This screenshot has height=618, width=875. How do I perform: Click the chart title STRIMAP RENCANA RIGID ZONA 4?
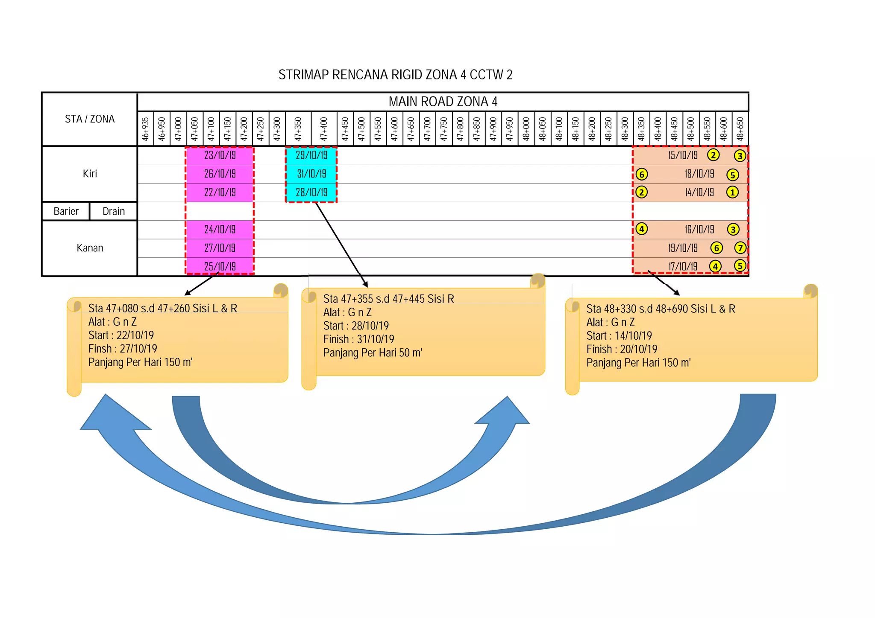pyautogui.click(x=395, y=75)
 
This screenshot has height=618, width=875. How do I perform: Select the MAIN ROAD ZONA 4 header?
pyautogui.click(x=443, y=102)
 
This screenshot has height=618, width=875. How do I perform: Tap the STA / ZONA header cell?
pyautogui.click(x=90, y=119)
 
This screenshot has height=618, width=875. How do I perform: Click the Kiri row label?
pyautogui.click(x=90, y=174)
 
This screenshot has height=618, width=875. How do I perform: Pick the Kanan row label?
pyautogui.click(x=90, y=248)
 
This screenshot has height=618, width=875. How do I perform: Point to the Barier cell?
pyautogui.click(x=66, y=211)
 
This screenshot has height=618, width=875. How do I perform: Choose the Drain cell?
pyautogui.click(x=114, y=211)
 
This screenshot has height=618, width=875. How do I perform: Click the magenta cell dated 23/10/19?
pyautogui.click(x=220, y=155)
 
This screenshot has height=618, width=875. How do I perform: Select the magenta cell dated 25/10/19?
pyautogui.click(x=220, y=267)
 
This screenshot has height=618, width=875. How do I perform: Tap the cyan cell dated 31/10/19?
pyautogui.click(x=311, y=174)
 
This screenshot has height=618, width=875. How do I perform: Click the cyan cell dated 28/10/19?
pyautogui.click(x=311, y=192)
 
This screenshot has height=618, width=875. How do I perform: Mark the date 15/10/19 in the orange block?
pyautogui.click(x=683, y=155)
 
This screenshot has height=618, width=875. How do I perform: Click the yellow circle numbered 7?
pyautogui.click(x=740, y=248)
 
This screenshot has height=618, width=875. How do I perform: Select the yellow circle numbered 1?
pyautogui.click(x=732, y=192)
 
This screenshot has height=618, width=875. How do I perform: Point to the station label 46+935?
pyautogui.click(x=146, y=129)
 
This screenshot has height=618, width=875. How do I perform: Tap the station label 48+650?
pyautogui.click(x=740, y=129)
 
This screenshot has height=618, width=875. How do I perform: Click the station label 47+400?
pyautogui.click(x=324, y=129)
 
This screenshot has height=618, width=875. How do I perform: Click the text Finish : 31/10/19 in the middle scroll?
pyautogui.click(x=358, y=339)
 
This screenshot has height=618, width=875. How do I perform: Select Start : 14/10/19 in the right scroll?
pyautogui.click(x=619, y=336)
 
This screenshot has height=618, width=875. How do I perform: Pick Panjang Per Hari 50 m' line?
pyautogui.click(x=373, y=353)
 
